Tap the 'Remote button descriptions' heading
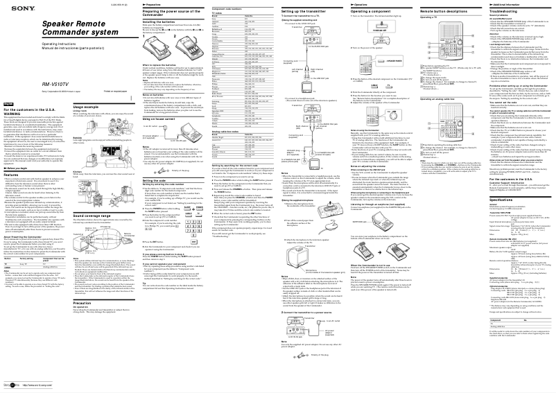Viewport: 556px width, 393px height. (x=433, y=13)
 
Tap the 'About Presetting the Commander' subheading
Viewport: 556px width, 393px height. (x=31, y=294)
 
